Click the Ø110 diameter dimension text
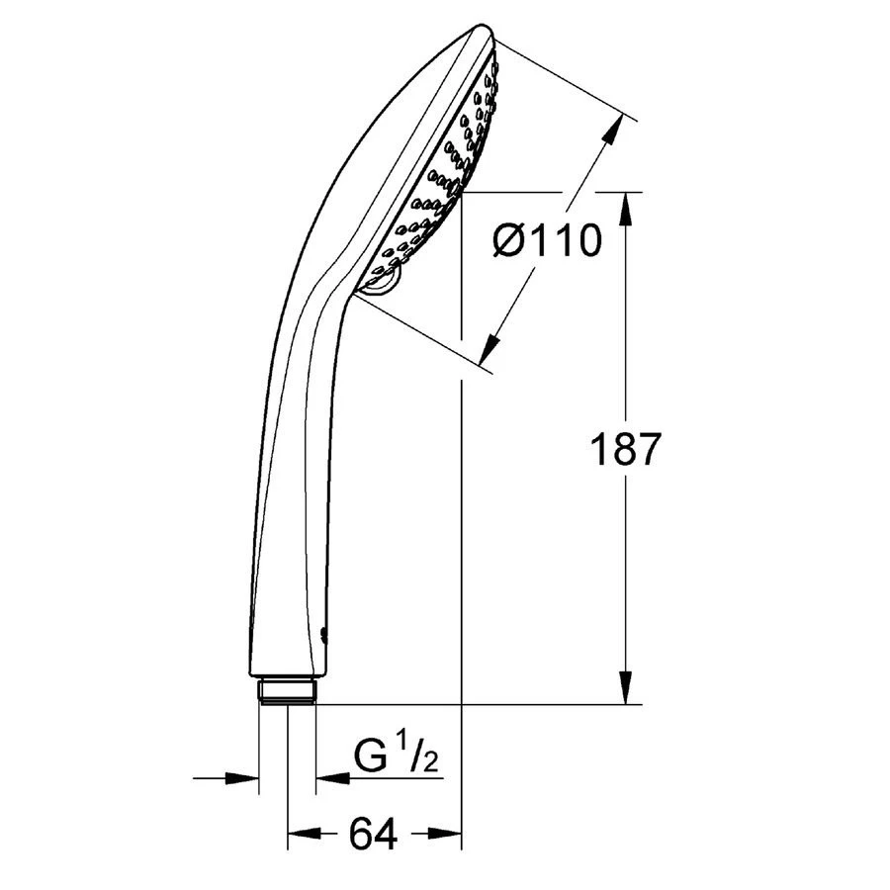547,240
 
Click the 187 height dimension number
626,450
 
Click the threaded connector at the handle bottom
287,691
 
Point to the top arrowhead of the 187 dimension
626,209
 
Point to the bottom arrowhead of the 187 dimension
626,688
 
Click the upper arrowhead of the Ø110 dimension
612,133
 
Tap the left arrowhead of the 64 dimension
305,834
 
